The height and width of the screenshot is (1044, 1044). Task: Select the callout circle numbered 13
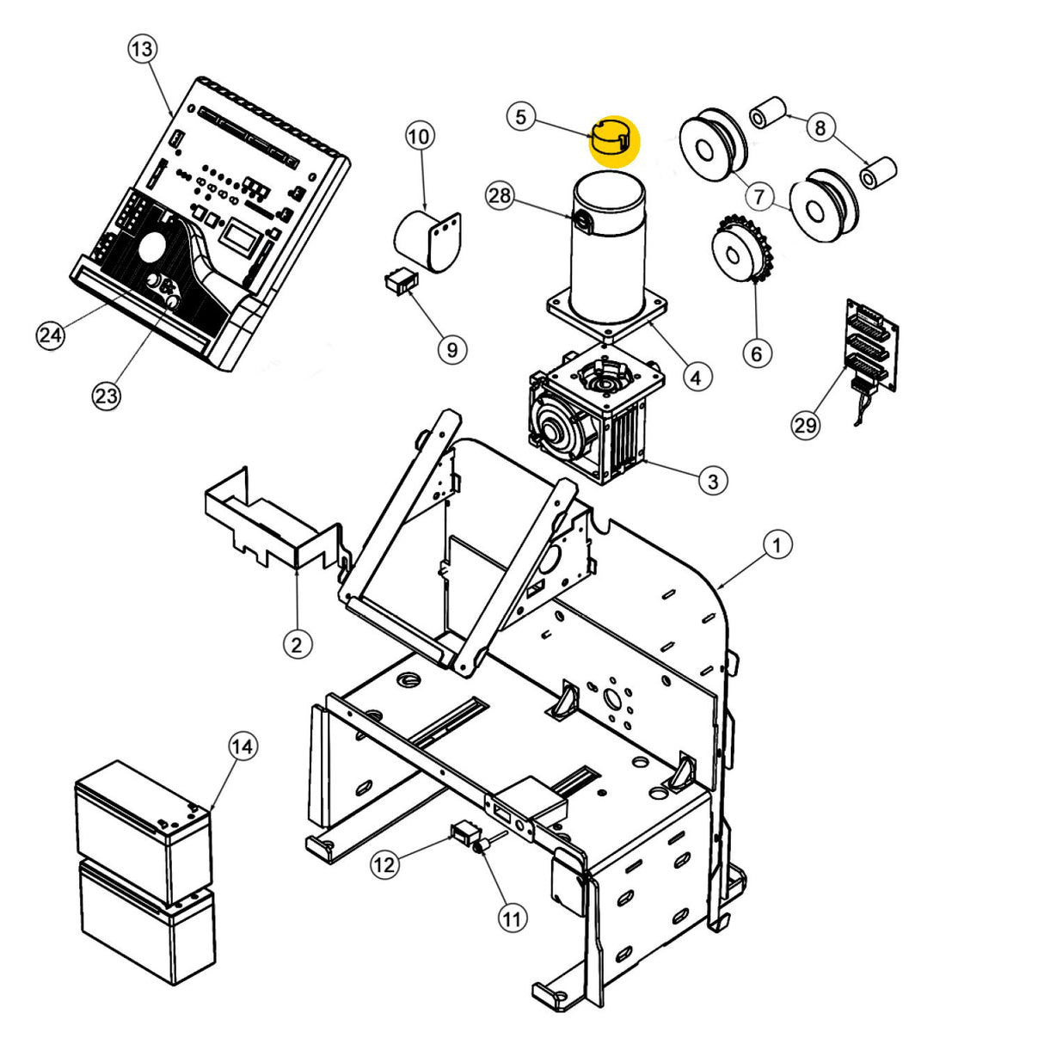pos(142,49)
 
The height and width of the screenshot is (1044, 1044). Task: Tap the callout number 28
pos(500,195)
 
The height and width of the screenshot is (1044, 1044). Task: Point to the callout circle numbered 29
pos(806,425)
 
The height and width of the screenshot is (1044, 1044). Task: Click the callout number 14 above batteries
pos(243,746)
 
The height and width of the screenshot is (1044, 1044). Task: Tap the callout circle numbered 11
pos(512,918)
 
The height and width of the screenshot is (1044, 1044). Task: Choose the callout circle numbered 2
pos(297,643)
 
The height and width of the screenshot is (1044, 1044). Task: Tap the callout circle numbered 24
pos(50,334)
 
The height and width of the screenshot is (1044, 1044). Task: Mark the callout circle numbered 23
pos(106,396)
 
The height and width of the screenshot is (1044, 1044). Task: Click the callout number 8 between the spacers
pos(820,127)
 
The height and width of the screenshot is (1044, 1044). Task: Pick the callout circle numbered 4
pos(697,376)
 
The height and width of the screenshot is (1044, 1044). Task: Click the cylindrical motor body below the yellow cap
pos(606,249)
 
